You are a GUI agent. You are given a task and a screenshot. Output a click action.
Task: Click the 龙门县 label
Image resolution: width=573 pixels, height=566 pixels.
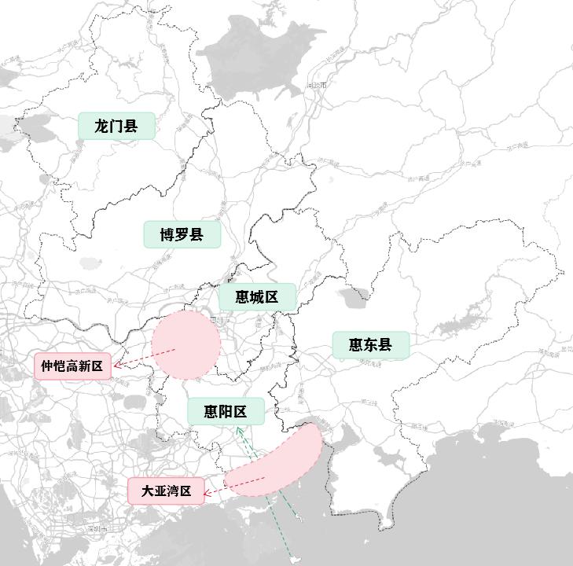coord(116,126)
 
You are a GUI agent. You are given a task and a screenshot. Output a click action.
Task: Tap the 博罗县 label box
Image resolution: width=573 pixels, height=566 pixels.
coord(182,234)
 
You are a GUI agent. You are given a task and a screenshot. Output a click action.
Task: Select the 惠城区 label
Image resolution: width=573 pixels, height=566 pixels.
coord(256,297)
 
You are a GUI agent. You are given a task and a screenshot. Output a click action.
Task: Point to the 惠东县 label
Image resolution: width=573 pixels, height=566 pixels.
coord(371,345)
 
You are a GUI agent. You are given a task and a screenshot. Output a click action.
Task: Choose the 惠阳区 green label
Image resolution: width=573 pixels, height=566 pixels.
coord(225,411)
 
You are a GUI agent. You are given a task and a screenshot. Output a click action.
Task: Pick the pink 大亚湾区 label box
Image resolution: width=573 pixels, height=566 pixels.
coord(166,491)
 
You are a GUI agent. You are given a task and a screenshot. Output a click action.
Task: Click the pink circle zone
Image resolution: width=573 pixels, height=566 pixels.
coord(185,344)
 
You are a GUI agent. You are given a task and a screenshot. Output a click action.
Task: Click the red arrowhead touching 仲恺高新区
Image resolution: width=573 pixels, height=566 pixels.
coord(116,365)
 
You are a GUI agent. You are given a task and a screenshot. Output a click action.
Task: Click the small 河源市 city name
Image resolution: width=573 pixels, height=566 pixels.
coord(318,85)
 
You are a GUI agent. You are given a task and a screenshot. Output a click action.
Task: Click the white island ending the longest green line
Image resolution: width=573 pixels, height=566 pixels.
coord(295,560)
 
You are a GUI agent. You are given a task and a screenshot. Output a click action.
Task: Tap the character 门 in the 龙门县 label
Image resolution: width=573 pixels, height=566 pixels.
coord(116,126)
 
